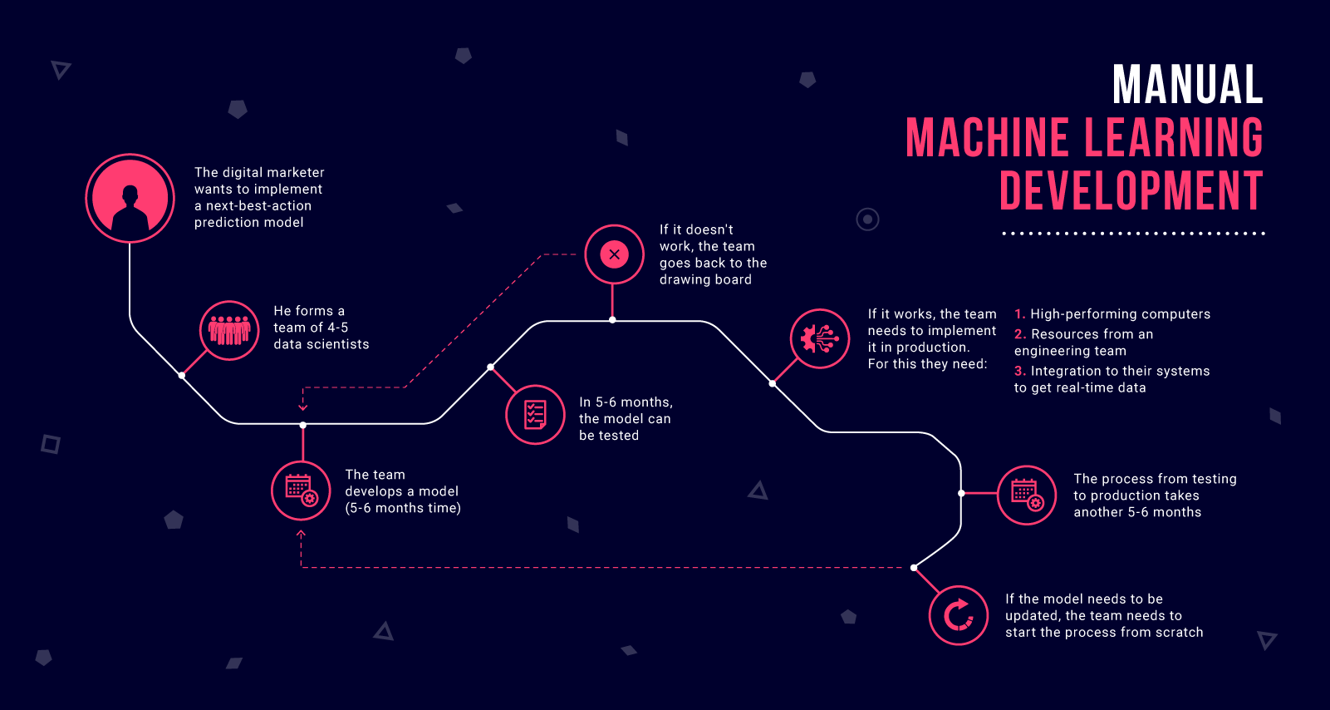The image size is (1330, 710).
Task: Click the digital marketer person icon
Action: click(130, 198)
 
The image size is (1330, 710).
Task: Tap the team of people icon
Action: click(229, 330)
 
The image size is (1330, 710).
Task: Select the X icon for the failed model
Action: click(614, 254)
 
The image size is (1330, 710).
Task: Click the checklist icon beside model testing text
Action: click(535, 415)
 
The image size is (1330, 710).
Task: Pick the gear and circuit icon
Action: click(820, 338)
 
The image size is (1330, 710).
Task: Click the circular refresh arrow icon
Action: click(959, 615)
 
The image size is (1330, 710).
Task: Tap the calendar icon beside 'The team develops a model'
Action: click(301, 491)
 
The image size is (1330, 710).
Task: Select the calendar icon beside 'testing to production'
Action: click(1027, 495)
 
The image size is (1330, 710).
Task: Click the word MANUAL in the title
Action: click(1187, 84)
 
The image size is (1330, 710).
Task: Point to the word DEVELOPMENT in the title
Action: click(1131, 190)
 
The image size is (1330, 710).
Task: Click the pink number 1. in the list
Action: click(1019, 313)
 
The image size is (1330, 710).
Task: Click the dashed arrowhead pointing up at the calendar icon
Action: click(301, 534)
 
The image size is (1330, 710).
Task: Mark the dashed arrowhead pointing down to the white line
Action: click(303, 407)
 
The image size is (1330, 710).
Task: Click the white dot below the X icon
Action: click(612, 319)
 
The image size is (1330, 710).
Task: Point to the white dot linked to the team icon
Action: click(182, 376)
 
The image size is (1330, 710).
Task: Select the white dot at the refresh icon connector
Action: click(914, 568)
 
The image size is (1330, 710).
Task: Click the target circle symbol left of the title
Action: click(867, 219)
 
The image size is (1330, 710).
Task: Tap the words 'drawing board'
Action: click(705, 280)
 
